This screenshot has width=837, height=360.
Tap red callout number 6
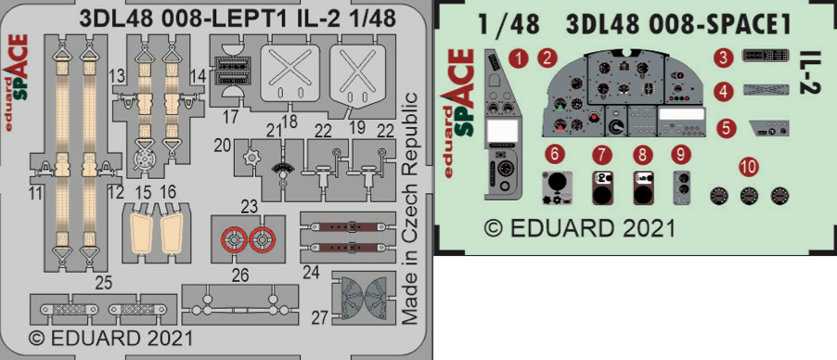(556, 155)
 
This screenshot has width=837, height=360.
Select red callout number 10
(749, 168)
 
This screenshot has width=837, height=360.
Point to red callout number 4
(723, 92)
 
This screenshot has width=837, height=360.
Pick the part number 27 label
(318, 318)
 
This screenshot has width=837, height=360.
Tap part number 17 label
(231, 118)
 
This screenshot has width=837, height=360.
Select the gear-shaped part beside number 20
(250, 159)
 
